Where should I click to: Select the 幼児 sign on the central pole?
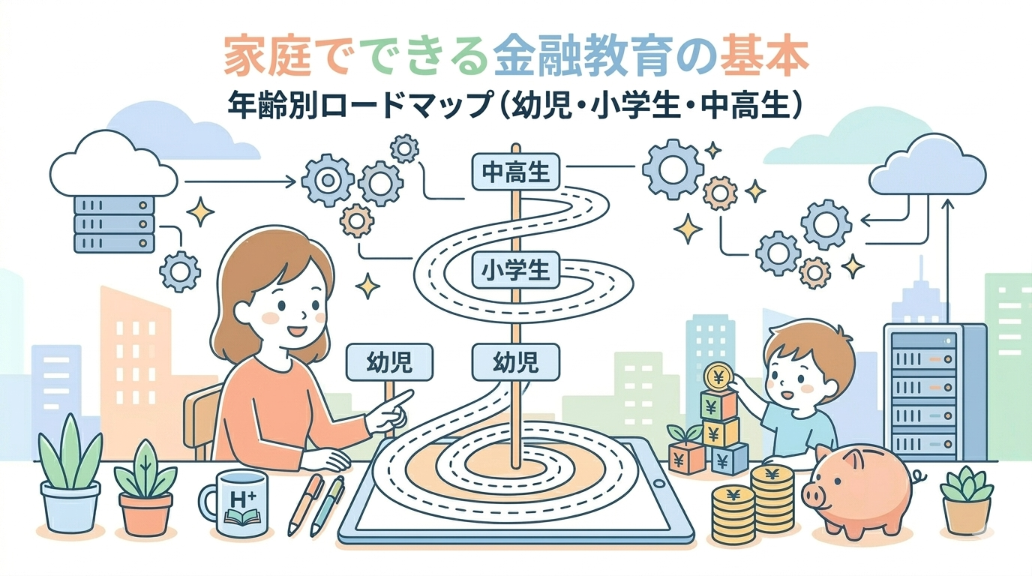pos(515,362)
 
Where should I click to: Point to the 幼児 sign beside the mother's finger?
pos(389,362)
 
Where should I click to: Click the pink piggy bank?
pos(856,489)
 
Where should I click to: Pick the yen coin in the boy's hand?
pos(718,374)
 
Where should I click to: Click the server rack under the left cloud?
pos(114,223)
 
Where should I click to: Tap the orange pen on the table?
pos(306,504)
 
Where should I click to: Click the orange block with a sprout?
pos(685,454)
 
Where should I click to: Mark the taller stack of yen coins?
pos(772,502)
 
